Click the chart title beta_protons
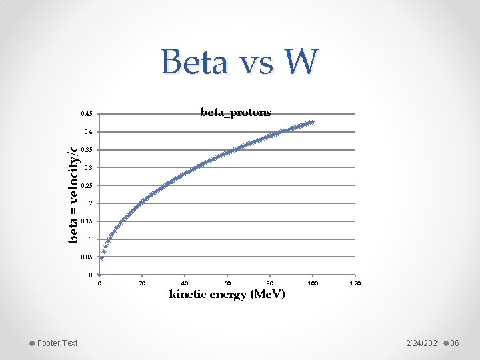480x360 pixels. (x=236, y=112)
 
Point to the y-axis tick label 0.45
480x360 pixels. (x=87, y=114)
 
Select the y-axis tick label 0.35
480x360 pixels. (x=87, y=149)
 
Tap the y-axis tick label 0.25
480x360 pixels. (x=87, y=185)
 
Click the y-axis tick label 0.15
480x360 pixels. (x=87, y=221)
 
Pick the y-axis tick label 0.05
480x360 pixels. (x=87, y=257)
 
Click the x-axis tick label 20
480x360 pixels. (x=141, y=283)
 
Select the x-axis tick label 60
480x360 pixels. (x=227, y=283)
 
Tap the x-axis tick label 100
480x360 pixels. (x=312, y=283)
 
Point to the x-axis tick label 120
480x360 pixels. (x=355, y=283)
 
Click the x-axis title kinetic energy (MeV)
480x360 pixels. (x=227, y=294)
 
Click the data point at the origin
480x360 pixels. (x=99, y=274)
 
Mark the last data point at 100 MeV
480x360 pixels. (x=312, y=122)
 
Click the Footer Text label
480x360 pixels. (x=57, y=343)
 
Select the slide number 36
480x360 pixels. (x=455, y=343)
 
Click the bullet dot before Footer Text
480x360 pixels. (x=32, y=343)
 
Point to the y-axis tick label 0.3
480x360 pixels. (x=89, y=167)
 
